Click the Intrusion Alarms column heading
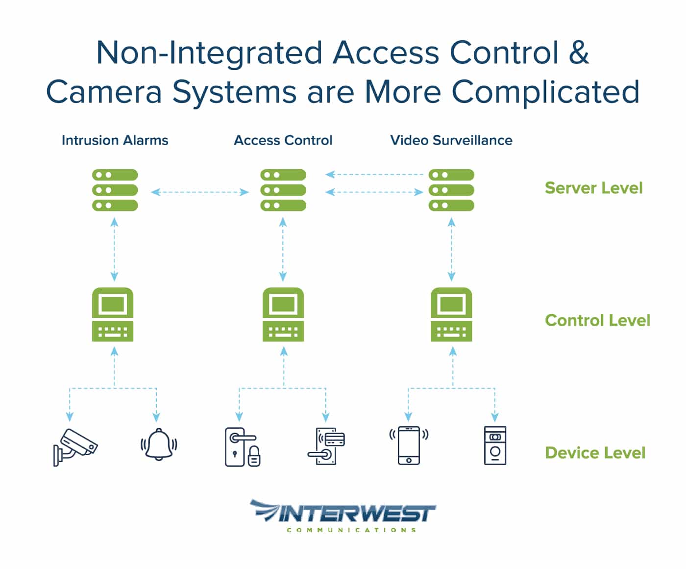(x=115, y=140)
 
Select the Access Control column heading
(x=283, y=140)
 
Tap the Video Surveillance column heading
(x=451, y=140)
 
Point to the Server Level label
(x=593, y=188)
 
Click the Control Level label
(x=597, y=320)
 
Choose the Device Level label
(x=595, y=452)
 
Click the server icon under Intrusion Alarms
(x=115, y=190)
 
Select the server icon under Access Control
(x=283, y=190)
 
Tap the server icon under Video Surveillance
(x=451, y=190)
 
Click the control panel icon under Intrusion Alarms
(x=113, y=314)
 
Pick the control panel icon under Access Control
(x=283, y=314)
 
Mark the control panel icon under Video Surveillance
(x=451, y=314)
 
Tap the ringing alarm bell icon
(x=158, y=444)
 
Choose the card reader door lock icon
(x=326, y=446)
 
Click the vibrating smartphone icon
(x=409, y=445)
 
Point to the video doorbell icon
(x=495, y=445)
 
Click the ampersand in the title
(x=579, y=52)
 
